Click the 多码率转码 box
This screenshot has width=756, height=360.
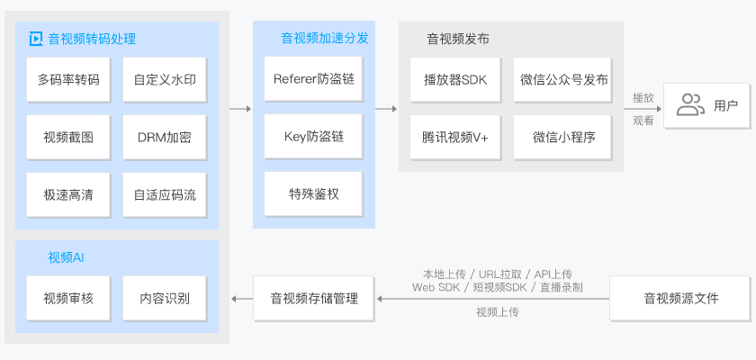(68, 79)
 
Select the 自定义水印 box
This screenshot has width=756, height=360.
(165, 79)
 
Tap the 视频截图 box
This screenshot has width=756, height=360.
(68, 137)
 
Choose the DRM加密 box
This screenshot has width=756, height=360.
(165, 137)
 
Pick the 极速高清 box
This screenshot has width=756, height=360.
(68, 194)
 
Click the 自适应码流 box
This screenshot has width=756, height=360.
(165, 194)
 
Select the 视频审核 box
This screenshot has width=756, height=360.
(68, 298)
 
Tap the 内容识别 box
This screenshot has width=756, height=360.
(165, 298)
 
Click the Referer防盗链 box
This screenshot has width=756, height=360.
(313, 79)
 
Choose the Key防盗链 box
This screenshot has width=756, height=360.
(313, 137)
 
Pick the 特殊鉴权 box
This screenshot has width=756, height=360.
(313, 194)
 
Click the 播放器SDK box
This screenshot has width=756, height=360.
(454, 79)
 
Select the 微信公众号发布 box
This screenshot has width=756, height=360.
(563, 79)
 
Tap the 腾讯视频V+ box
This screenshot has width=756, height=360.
(454, 137)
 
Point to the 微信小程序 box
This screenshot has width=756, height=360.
(563, 137)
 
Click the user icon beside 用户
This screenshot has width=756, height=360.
(690, 105)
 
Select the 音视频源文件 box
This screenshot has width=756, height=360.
(680, 298)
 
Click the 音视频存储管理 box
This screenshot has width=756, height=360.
(314, 298)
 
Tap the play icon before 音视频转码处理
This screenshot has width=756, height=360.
(36, 39)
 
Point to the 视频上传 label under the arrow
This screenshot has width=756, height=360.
(497, 312)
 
